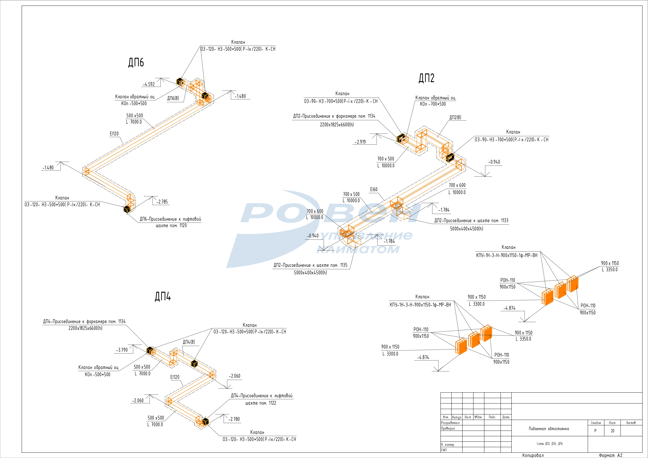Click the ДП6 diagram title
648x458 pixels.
(x=136, y=62)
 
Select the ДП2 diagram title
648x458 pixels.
(x=426, y=78)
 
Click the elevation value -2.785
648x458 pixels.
(x=162, y=202)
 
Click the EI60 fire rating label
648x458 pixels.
(x=374, y=190)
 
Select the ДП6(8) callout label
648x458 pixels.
(x=173, y=98)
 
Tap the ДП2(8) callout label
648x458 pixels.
(x=455, y=117)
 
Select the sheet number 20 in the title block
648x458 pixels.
(x=612, y=431)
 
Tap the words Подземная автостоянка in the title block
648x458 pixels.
(x=549, y=429)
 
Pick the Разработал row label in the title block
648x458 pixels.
(x=450, y=423)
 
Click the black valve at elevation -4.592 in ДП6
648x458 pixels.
(x=180, y=82)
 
